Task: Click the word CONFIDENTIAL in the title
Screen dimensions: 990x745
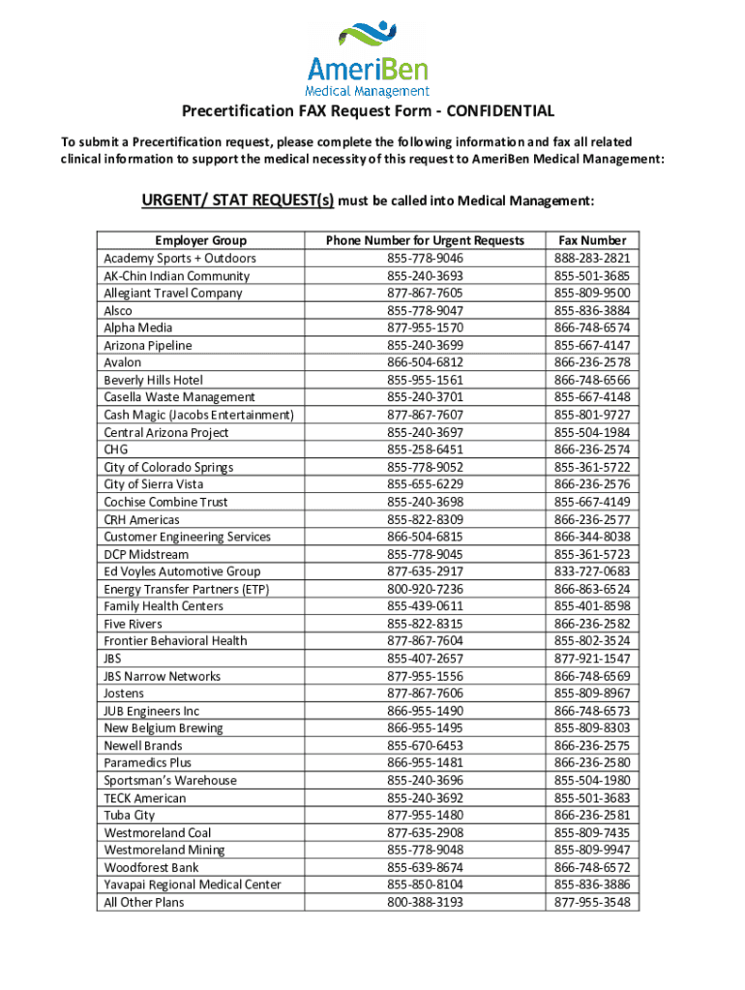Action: (501, 111)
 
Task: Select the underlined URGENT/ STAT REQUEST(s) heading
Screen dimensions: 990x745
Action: (238, 201)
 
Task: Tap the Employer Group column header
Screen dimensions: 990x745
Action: (200, 241)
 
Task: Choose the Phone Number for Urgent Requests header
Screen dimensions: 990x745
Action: (425, 241)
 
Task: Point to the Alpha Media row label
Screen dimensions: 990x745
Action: (138, 328)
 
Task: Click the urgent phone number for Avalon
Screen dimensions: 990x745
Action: (425, 363)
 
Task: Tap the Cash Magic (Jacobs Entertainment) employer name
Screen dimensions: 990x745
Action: (198, 415)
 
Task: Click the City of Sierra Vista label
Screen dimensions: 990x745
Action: (154, 484)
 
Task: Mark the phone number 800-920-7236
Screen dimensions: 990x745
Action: (425, 589)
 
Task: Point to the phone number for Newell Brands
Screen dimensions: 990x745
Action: (425, 745)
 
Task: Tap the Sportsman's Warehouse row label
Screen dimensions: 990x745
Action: (170, 780)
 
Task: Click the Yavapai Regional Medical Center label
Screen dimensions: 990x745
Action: (193, 885)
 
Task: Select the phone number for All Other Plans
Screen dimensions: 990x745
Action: (425, 902)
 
